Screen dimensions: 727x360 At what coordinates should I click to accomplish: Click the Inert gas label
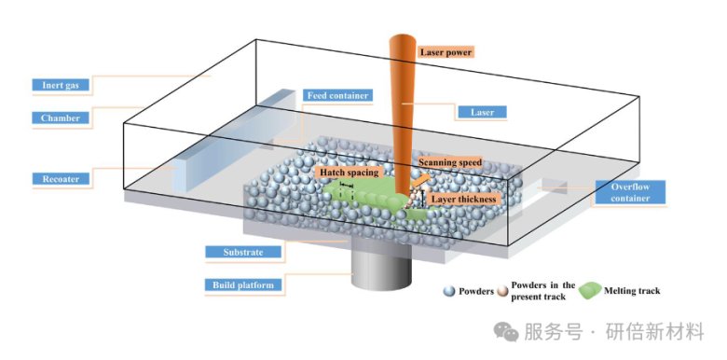[x=61, y=85]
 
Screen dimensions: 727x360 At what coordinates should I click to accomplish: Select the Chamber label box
[x=61, y=118]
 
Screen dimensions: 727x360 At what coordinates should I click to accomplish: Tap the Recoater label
[x=61, y=179]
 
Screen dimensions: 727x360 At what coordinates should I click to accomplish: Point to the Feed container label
[x=337, y=95]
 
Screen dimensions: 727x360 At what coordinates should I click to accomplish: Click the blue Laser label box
[x=482, y=112]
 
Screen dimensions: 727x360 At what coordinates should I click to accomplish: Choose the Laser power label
[x=446, y=52]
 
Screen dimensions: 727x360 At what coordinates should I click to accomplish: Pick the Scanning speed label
[x=450, y=162]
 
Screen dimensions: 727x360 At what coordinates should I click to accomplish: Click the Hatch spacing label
[x=350, y=173]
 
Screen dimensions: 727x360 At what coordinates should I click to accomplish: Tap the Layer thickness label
[x=463, y=199]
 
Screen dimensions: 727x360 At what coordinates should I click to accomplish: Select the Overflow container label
[x=630, y=192]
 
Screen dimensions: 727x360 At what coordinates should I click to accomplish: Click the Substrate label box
[x=243, y=252]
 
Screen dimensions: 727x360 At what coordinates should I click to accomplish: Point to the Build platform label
[x=243, y=284]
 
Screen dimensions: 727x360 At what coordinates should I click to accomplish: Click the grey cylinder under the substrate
[x=381, y=266]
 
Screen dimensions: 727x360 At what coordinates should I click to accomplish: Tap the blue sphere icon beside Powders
[x=449, y=291]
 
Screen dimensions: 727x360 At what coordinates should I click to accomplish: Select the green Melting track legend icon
[x=590, y=290]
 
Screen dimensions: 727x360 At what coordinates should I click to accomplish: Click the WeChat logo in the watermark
[x=506, y=332]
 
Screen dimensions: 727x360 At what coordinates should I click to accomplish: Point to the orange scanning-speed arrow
[x=421, y=180]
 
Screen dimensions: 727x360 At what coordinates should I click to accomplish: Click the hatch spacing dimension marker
[x=347, y=186]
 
